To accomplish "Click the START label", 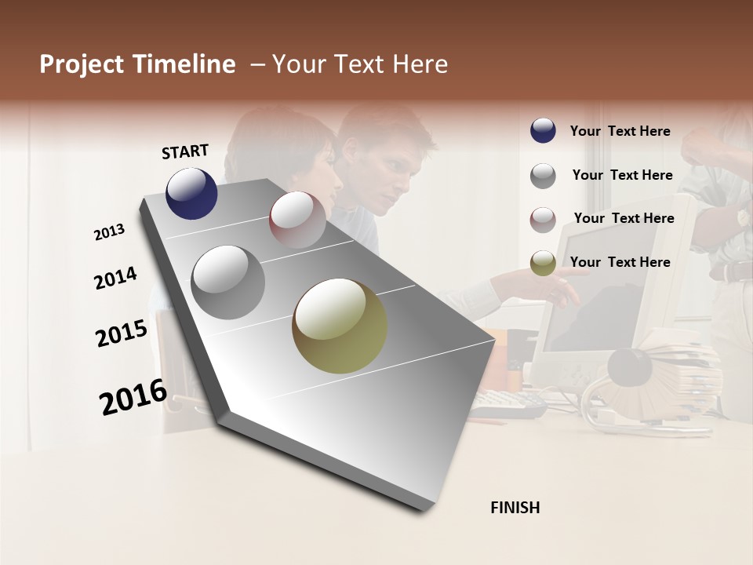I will click(185, 151).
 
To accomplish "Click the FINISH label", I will click(515, 508).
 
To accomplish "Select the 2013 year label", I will click(110, 232).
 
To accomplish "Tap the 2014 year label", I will click(115, 278).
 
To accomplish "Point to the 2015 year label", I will click(122, 333).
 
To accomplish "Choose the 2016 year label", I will click(133, 396).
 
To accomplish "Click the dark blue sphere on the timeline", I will click(191, 193).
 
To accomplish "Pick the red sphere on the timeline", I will click(297, 220).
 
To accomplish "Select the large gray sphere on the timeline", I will click(227, 282).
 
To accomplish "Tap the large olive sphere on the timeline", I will click(340, 326).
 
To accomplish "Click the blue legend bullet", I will click(543, 131).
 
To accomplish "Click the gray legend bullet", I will click(543, 176).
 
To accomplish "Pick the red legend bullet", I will click(543, 220).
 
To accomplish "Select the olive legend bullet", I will click(543, 264).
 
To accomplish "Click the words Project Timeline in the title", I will click(137, 64).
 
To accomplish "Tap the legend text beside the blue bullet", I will click(620, 132).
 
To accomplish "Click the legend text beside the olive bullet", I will click(620, 262).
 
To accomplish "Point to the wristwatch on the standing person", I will click(742, 217).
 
